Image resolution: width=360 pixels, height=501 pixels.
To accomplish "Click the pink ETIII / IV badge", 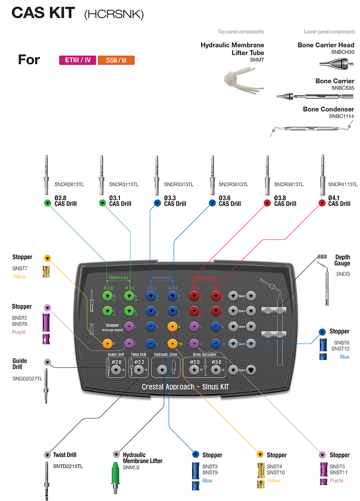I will (77, 60).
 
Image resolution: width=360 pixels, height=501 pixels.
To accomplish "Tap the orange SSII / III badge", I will (116, 60).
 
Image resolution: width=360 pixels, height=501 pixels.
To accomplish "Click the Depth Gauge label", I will (342, 260).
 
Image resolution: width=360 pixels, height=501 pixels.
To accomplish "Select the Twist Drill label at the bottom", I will (65, 454).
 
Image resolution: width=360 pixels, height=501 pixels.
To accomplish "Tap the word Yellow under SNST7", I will (19, 276).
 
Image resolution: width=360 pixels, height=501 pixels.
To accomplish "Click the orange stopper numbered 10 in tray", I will (171, 344).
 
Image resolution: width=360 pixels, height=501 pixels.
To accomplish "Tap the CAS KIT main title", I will (43, 13).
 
